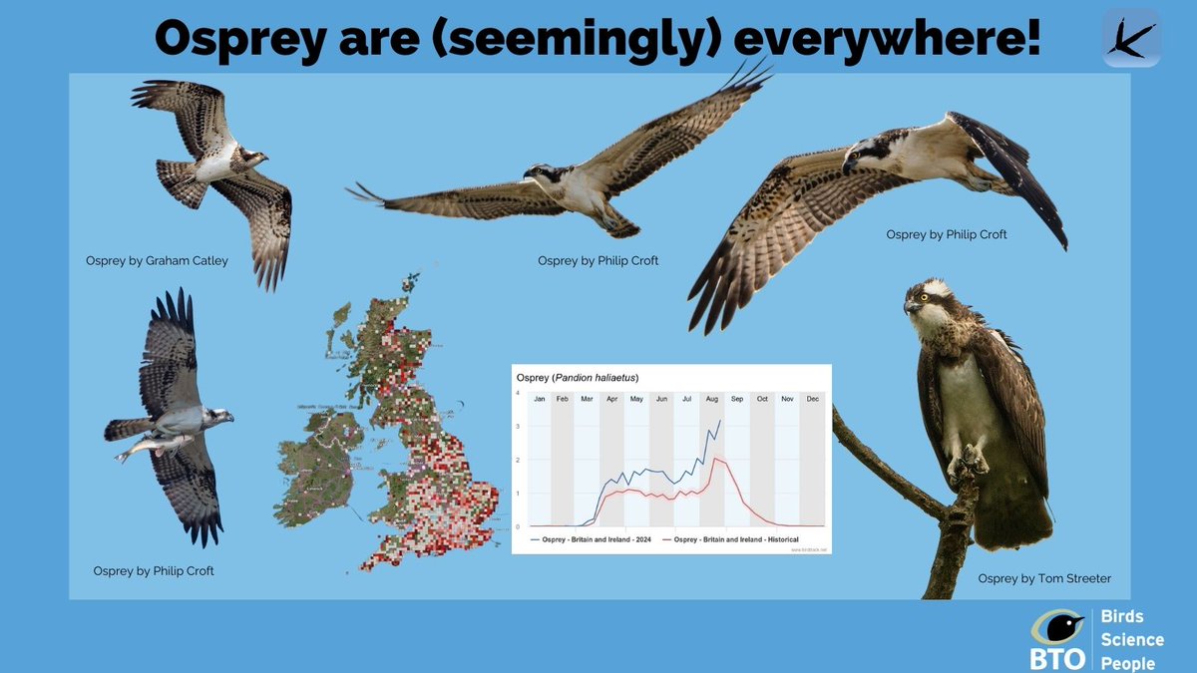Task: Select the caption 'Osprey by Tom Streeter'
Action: pos(1044,578)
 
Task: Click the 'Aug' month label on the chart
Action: pos(711,399)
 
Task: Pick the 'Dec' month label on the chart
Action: pos(812,399)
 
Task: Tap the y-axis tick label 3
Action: pos(517,427)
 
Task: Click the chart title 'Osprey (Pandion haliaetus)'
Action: pos(577,377)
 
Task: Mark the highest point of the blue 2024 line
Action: pos(720,421)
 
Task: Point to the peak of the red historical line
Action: pos(716,460)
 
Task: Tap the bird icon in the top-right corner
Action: pos(1131,38)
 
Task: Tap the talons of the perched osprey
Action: pos(966,465)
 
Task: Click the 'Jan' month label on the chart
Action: pos(540,399)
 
